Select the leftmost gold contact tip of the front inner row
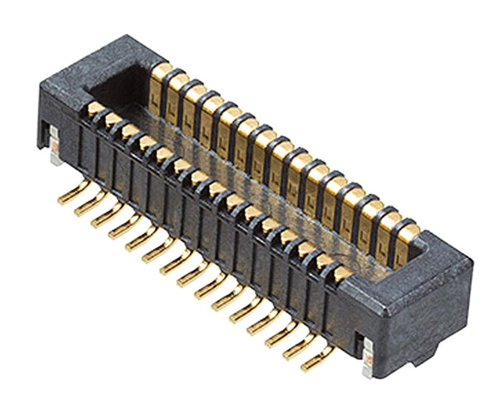(x=95, y=109)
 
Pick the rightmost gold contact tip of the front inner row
(x=342, y=272)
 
